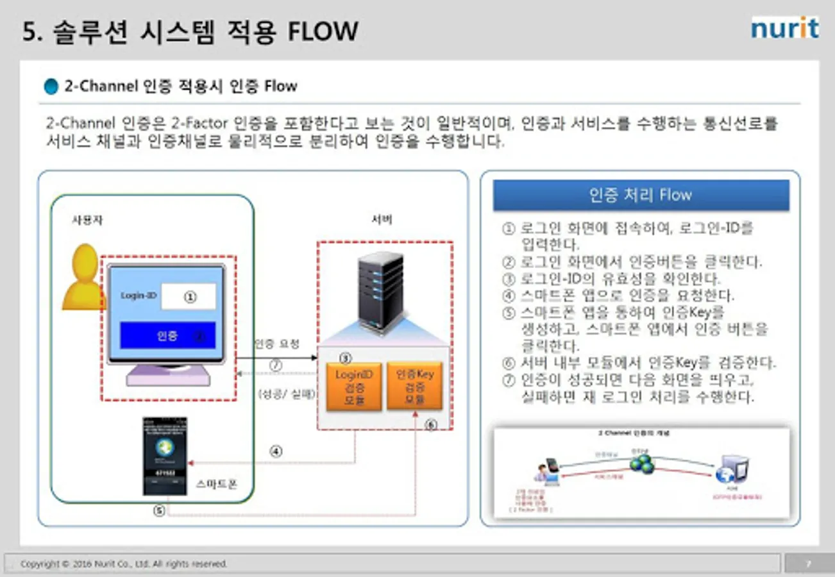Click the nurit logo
coord(784,28)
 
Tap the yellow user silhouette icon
coord(83,277)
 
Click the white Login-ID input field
coord(189,297)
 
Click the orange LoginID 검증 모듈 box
coord(354,387)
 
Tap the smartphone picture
coord(164,456)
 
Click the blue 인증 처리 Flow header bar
coord(641,196)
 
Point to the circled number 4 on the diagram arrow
coord(276,451)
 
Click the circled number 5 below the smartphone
coord(160,511)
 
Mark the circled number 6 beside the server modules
coord(431,424)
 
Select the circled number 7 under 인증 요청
coord(276,365)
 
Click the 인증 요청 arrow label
coord(276,344)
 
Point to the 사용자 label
coord(87,220)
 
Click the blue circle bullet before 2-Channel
coord(51,87)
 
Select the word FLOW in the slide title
coord(323,31)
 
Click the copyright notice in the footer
coord(124,564)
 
